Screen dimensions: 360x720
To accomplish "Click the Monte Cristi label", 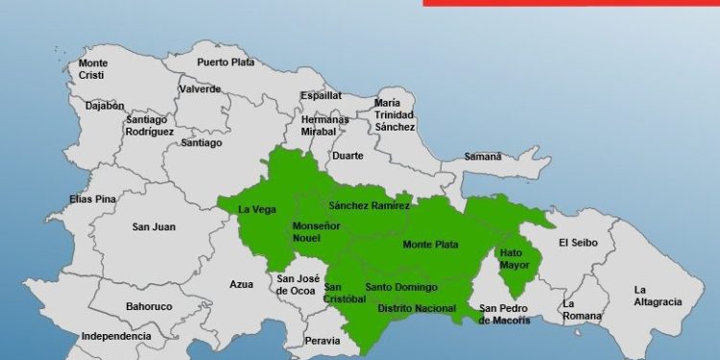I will [93, 69].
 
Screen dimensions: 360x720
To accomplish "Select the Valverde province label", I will [200, 89].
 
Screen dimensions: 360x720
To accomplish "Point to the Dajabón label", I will [105, 107].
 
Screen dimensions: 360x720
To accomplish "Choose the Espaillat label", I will [321, 96].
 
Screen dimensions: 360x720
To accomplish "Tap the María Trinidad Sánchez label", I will [395, 114].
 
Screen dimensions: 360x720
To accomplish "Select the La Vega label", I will [256, 209].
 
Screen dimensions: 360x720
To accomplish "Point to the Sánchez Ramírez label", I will [369, 205].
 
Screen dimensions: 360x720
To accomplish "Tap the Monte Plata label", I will [430, 245].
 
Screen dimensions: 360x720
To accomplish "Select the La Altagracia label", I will [658, 296].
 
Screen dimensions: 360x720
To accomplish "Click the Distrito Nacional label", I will [417, 308].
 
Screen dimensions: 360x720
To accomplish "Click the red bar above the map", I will [570, 3].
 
